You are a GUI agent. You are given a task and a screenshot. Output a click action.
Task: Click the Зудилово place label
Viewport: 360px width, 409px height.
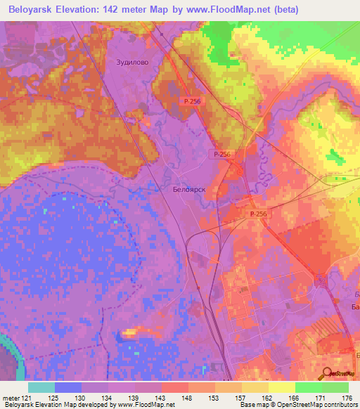(132, 62)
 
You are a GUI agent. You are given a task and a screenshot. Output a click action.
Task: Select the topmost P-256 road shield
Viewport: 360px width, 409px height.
(191, 102)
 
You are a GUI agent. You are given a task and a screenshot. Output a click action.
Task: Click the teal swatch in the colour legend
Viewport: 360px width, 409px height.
(41, 387)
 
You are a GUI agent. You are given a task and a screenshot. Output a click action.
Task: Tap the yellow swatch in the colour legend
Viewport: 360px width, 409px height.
(282, 387)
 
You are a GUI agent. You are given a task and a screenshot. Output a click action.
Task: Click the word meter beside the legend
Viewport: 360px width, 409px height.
(9, 398)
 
